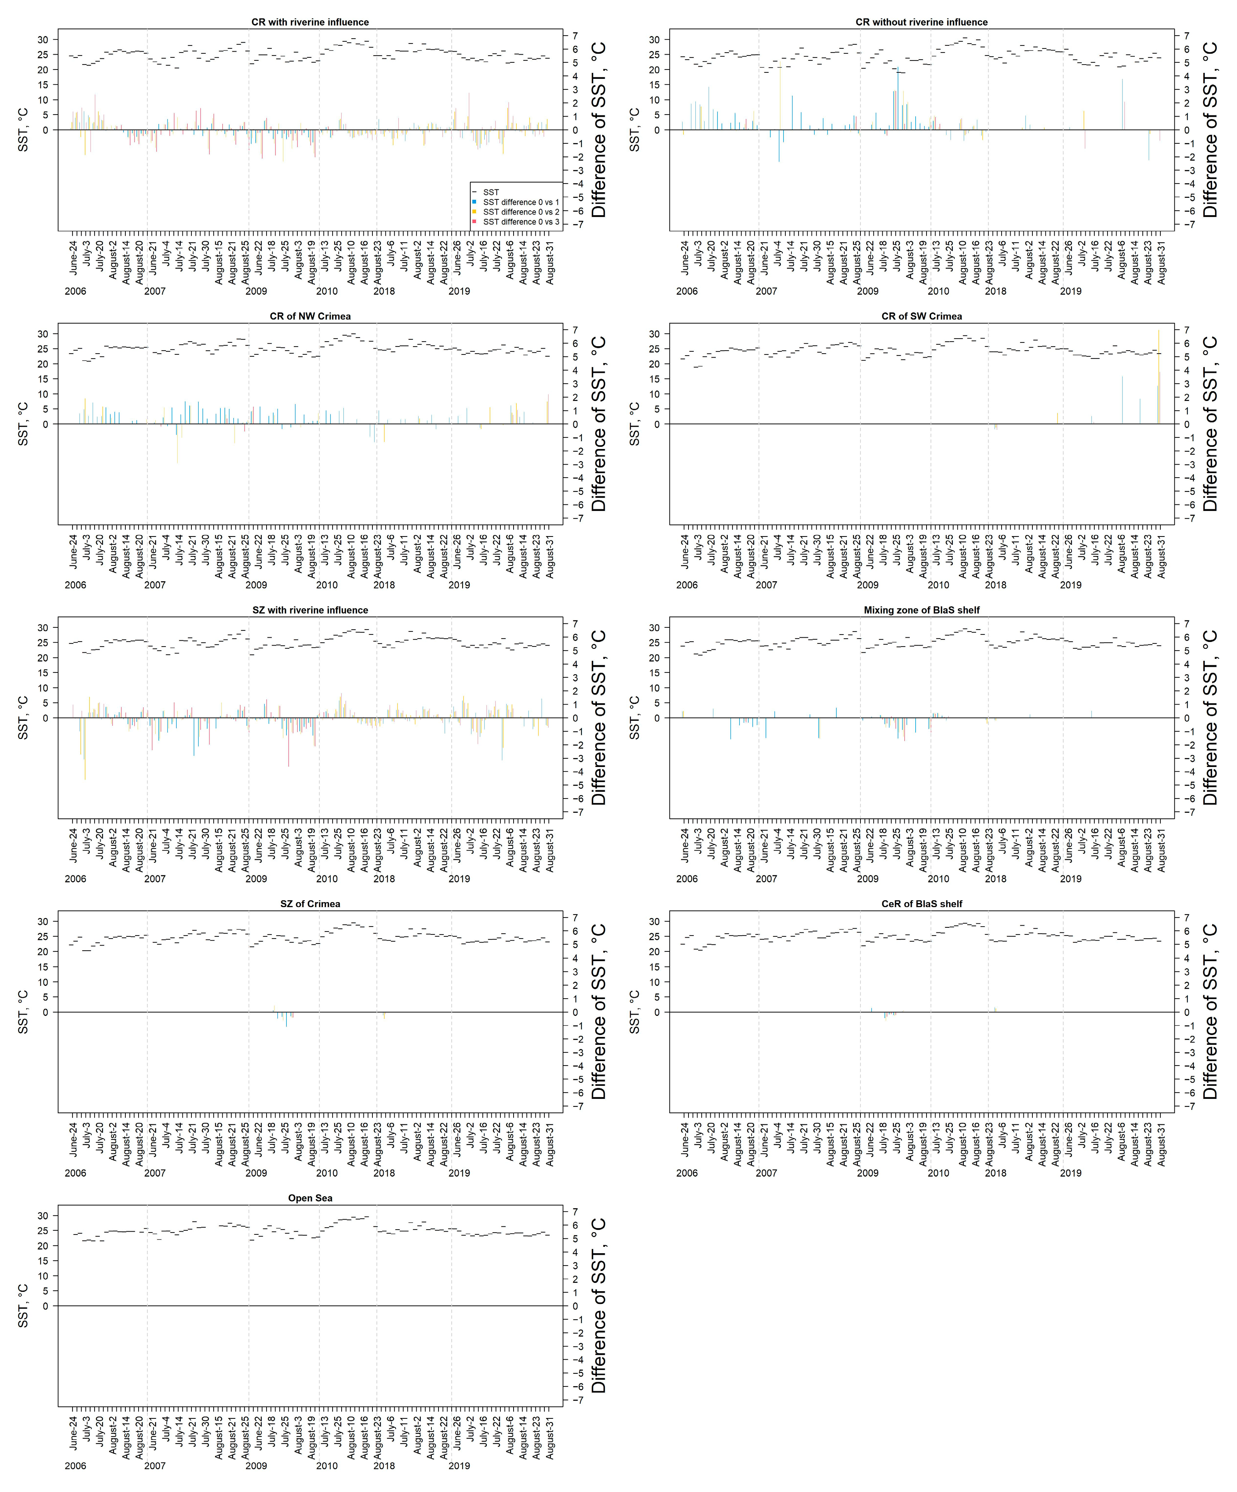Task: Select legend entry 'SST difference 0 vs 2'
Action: (521, 212)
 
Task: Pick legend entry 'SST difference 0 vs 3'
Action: (521, 222)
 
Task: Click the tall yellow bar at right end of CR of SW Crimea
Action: (1159, 377)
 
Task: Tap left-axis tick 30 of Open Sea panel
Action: (43, 1216)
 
